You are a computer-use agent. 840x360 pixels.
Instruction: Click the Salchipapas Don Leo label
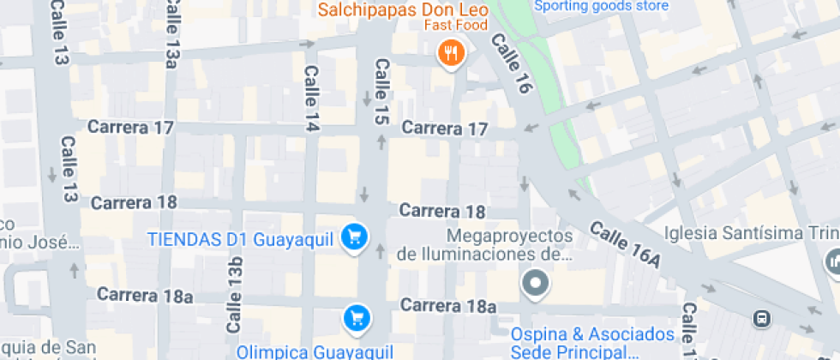tap(403, 10)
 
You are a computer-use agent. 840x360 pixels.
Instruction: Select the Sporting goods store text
tap(600, 6)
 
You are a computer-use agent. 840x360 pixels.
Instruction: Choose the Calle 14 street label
tap(311, 99)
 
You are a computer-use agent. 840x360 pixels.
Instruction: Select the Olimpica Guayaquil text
tap(315, 351)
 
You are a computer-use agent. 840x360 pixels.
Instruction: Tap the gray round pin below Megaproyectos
tap(536, 282)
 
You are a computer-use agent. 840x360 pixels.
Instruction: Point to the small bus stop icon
tap(760, 319)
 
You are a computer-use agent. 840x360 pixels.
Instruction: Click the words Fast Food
tap(455, 25)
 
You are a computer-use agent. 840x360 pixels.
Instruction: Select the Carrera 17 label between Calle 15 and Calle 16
tap(444, 129)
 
